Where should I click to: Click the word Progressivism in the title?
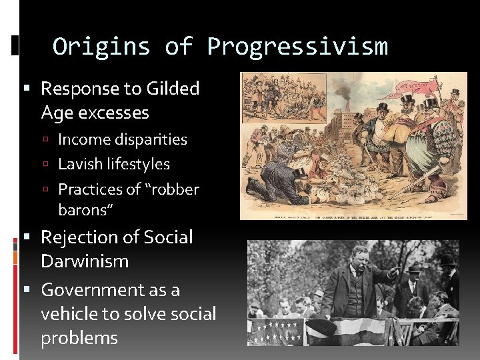pos(297,47)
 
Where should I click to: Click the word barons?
pos(85,211)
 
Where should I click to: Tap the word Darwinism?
pos(84,261)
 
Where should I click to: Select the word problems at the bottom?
pos(79,338)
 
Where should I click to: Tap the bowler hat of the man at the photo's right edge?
pos(447,259)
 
